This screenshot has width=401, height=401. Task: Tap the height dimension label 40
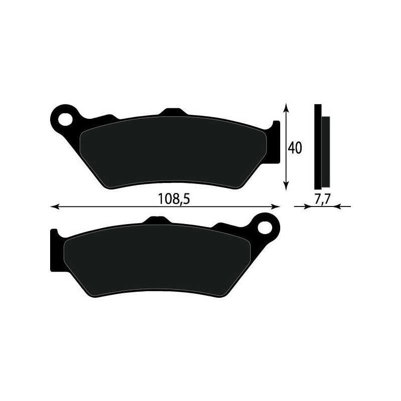(294, 148)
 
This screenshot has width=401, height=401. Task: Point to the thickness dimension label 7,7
(321, 198)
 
